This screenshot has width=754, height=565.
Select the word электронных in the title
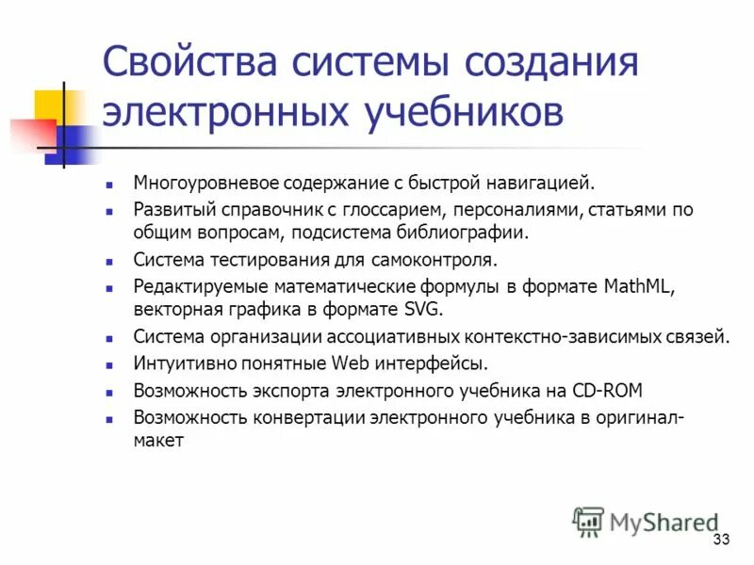point(226,112)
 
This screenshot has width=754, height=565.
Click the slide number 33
point(723,540)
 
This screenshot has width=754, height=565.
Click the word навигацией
point(546,182)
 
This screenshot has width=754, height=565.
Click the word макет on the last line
point(157,439)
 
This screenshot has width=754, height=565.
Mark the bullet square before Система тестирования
point(110,261)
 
